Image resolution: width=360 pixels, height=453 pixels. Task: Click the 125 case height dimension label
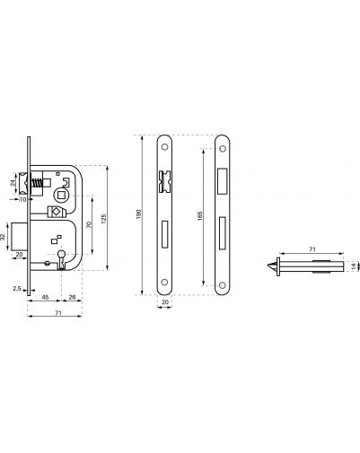tap(104, 218)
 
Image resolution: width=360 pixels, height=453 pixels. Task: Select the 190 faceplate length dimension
tap(138, 214)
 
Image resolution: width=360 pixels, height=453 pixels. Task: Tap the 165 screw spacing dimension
tap(200, 216)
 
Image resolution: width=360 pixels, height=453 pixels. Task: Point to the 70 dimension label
tap(89, 225)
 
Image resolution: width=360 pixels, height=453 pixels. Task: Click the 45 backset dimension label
tap(45, 297)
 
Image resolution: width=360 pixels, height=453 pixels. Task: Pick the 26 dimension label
tap(72, 297)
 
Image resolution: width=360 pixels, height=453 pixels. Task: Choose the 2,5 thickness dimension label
tap(17, 289)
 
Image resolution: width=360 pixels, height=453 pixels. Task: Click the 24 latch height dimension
tap(13, 183)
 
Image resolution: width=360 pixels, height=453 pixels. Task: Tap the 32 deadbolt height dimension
tap(3, 237)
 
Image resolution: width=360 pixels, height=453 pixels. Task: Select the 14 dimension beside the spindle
tap(355, 266)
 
